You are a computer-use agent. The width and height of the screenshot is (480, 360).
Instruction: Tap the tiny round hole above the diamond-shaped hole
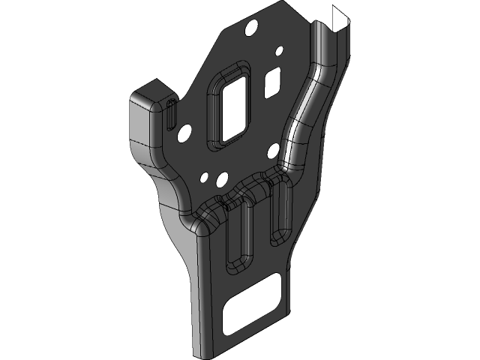point(280,51)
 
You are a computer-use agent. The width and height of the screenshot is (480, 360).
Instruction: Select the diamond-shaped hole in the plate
point(274,78)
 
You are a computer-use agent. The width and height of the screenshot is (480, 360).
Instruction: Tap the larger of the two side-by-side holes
point(220,180)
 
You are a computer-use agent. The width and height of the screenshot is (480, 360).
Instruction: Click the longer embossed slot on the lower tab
point(239,236)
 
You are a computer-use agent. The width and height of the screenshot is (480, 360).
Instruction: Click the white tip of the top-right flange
point(339,18)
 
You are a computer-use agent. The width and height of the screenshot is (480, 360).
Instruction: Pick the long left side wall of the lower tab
point(196,300)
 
